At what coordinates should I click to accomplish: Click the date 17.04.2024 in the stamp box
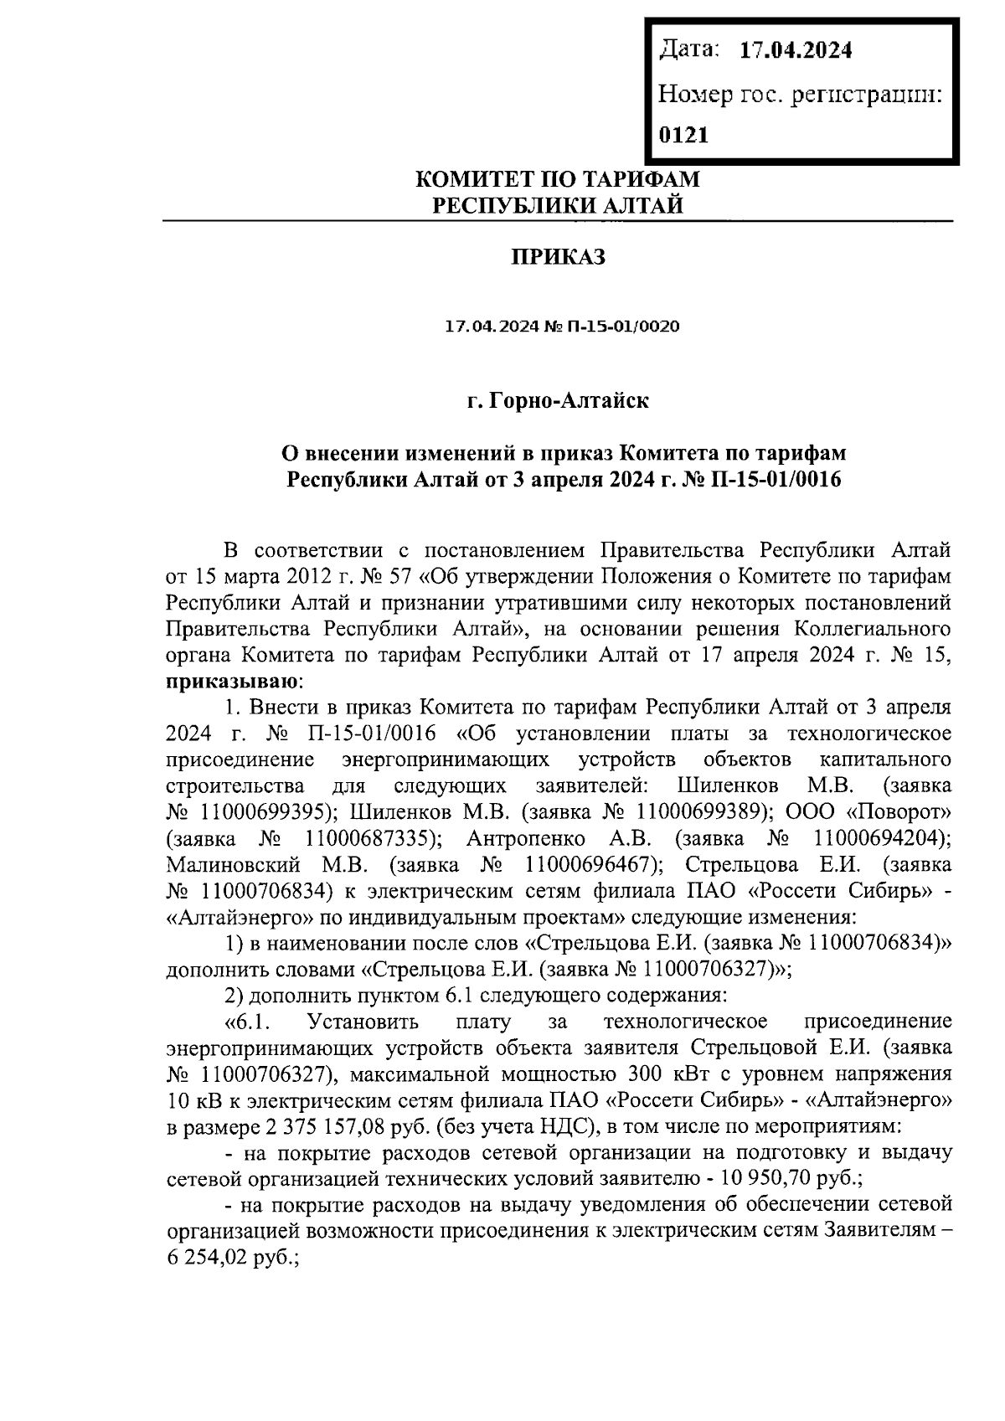[796, 50]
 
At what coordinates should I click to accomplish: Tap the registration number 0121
[684, 135]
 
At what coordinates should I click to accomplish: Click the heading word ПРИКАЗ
[559, 257]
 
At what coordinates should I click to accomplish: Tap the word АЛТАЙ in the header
[643, 204]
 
